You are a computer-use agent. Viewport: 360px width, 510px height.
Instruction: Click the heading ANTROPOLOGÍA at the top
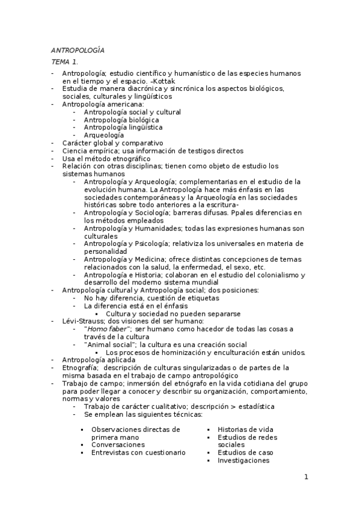coord(78,51)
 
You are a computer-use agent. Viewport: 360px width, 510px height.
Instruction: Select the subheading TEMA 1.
coord(64,62)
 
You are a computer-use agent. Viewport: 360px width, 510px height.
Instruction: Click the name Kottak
coord(151,81)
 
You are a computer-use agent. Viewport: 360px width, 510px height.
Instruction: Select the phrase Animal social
coord(110,345)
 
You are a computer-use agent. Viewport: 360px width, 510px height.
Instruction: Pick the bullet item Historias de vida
coord(245,429)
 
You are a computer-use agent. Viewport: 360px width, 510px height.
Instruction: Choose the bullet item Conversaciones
coord(118,444)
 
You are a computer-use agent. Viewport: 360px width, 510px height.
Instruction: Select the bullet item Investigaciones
coord(243,460)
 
